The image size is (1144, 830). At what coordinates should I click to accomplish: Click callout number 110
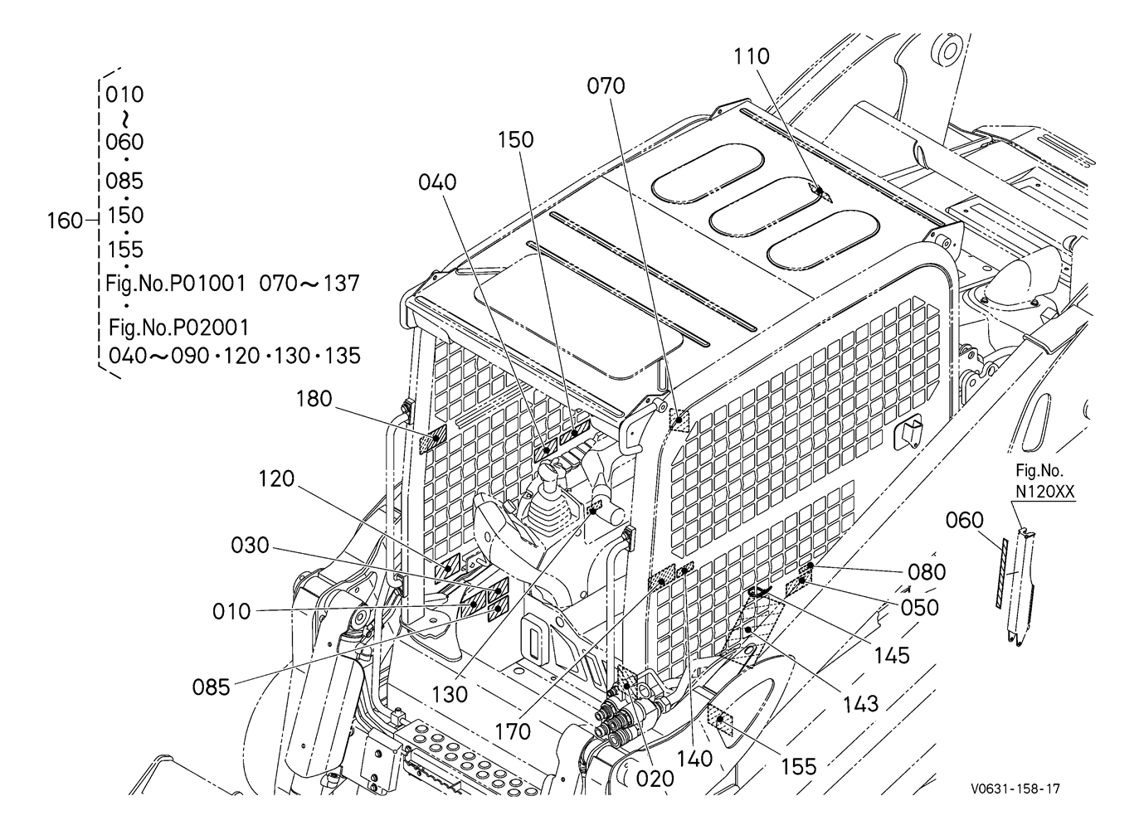coord(752,56)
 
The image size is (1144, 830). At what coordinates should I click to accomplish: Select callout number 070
coord(606,86)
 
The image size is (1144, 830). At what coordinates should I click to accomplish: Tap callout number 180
coord(314,399)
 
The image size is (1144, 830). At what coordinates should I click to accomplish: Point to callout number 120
coord(276,478)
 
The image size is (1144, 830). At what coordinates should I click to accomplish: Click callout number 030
coord(250,545)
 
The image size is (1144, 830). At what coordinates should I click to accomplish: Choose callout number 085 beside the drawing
coord(212,687)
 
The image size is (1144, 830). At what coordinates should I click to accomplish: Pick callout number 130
coord(450,694)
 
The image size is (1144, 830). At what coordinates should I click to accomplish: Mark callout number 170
coord(514,732)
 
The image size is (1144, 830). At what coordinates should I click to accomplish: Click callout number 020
coord(655,779)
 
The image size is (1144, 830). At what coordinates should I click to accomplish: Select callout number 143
coord(860,705)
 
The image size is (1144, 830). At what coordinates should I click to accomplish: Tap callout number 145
coord(892,656)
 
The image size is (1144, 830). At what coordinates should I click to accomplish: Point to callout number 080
coord(927,572)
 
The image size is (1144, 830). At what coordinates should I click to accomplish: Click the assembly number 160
coord(65,221)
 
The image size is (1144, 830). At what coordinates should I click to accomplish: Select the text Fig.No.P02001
coord(178,328)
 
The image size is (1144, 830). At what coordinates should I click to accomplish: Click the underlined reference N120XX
coord(1045,491)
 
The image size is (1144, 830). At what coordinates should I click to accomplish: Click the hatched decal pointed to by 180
coord(432,439)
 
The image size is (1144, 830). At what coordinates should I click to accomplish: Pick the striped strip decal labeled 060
coord(1002,573)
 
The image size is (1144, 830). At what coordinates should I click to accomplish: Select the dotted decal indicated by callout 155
coord(720,719)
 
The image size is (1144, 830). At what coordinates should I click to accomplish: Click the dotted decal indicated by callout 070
coord(679,420)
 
